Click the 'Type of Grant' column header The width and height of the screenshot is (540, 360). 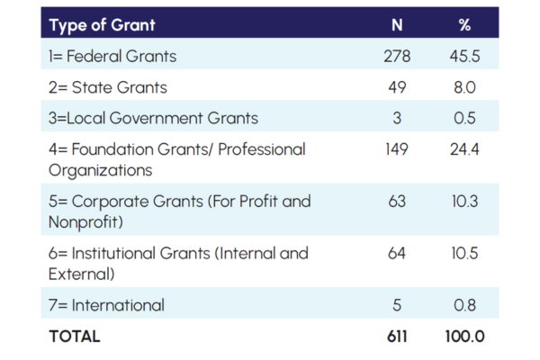click(x=103, y=24)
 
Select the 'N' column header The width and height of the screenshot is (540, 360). click(x=397, y=24)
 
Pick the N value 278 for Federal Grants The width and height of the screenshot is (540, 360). click(x=397, y=57)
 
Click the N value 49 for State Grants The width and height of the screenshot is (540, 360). click(x=397, y=87)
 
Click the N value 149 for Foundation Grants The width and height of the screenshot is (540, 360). click(x=397, y=148)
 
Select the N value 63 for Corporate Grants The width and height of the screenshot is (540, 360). click(x=397, y=201)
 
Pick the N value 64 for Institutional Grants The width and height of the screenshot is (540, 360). click(x=397, y=253)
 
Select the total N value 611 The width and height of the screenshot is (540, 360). click(x=397, y=337)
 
